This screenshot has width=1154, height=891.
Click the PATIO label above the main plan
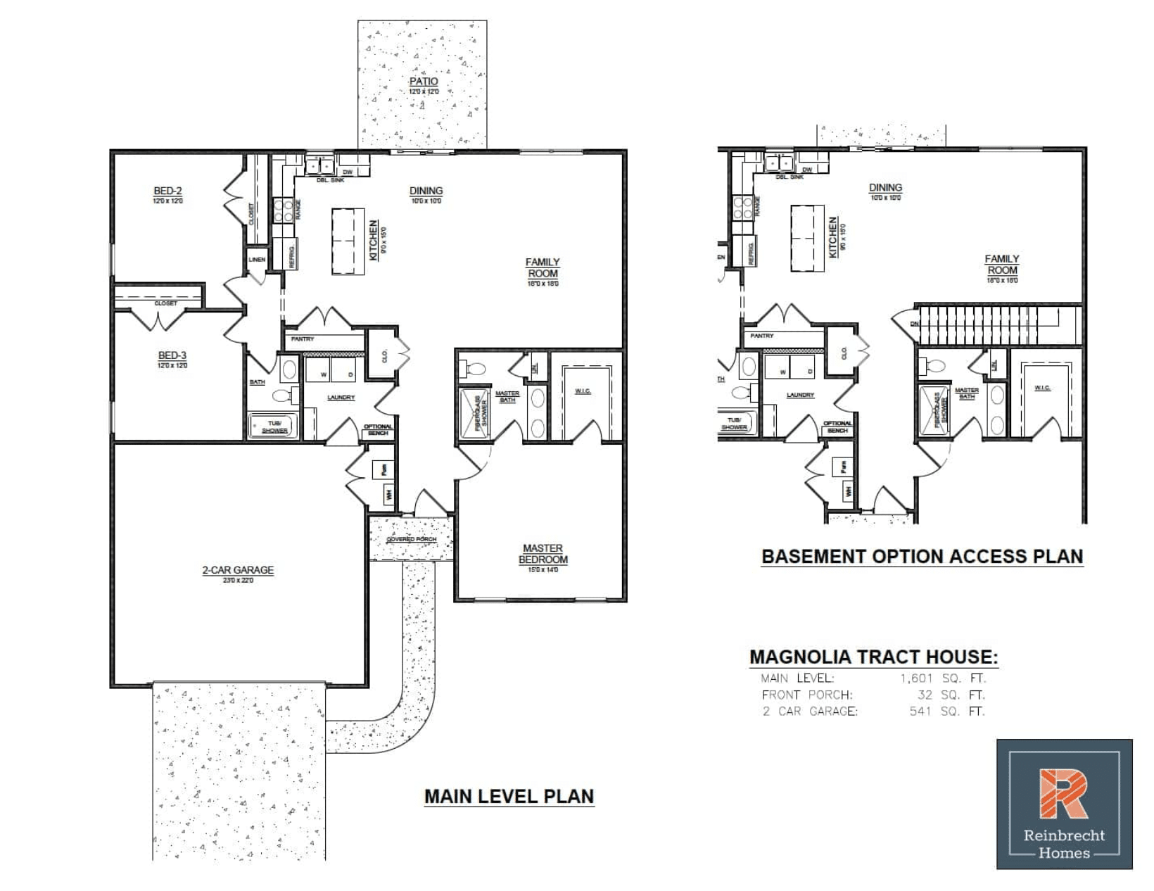click(424, 82)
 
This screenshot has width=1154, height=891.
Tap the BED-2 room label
click(167, 191)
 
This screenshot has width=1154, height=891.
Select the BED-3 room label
click(172, 355)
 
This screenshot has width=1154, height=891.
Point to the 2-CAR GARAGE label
click(238, 570)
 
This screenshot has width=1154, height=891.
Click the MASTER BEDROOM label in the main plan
click(543, 554)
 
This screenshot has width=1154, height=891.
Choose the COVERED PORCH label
click(412, 540)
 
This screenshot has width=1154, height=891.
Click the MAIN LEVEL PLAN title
click(509, 796)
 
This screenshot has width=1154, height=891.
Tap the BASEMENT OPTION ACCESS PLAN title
click(922, 556)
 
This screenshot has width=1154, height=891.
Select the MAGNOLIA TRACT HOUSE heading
click(873, 657)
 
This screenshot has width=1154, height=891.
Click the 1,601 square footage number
click(916, 678)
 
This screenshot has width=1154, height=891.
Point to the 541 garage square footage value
click(920, 711)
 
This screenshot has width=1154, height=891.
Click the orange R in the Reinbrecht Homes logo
click(1063, 794)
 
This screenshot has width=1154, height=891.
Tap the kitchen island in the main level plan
click(348, 241)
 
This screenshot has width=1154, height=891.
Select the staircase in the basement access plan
click(999, 324)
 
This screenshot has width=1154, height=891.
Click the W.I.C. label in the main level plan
click(583, 391)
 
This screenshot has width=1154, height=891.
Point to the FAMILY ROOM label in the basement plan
click(1002, 265)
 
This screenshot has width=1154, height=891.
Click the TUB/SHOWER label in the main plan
click(274, 426)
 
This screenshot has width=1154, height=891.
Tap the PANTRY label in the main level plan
click(303, 339)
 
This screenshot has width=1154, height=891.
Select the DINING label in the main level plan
click(426, 191)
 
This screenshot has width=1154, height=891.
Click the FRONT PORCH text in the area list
click(806, 695)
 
